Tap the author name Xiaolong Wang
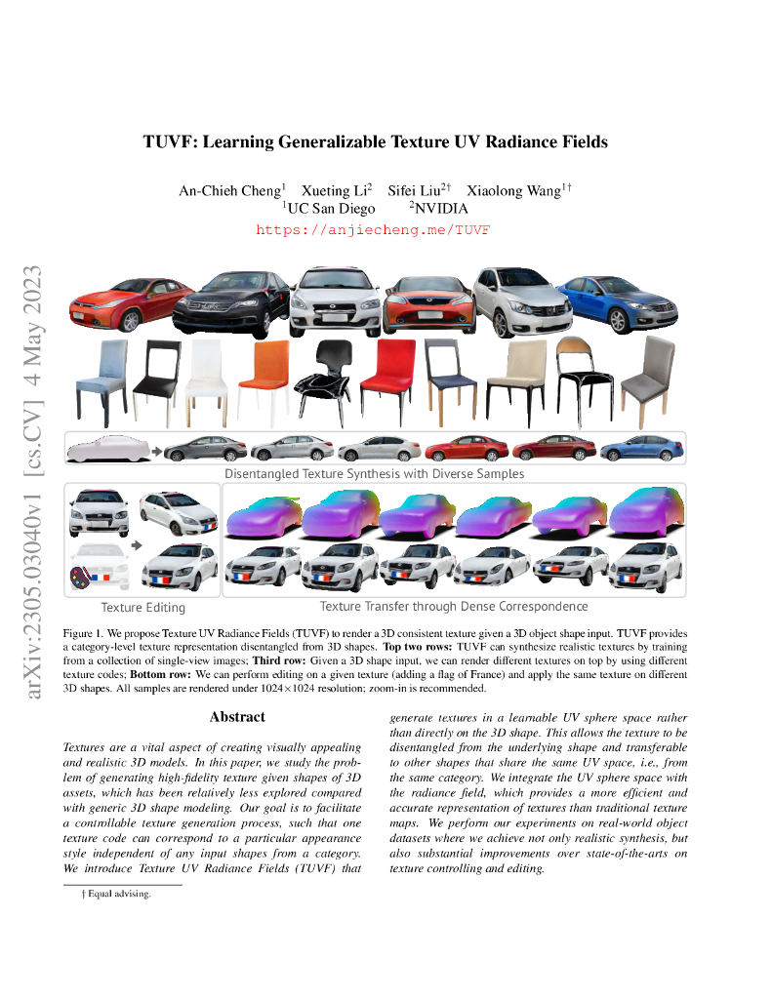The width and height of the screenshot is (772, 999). [511, 190]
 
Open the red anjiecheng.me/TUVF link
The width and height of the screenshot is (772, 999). [373, 230]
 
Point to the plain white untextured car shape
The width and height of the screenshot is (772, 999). [105, 449]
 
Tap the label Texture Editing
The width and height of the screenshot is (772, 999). [142, 607]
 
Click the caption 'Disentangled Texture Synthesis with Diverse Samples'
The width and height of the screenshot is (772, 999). [375, 474]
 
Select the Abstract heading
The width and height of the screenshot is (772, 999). [237, 717]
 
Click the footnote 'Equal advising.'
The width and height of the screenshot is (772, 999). [119, 894]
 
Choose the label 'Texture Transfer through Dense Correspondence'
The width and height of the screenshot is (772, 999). [454, 607]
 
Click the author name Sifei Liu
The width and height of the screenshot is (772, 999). [416, 190]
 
